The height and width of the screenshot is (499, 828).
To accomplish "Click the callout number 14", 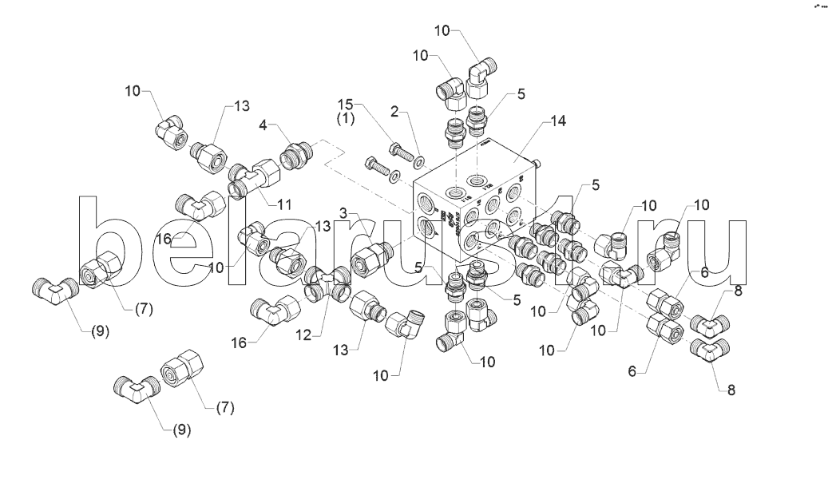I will coord(558,121).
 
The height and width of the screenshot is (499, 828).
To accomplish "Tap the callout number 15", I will coord(344,105).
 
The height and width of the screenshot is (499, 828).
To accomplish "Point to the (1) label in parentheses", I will coord(344,120).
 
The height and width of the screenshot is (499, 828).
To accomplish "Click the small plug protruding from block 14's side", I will coord(539,162).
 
